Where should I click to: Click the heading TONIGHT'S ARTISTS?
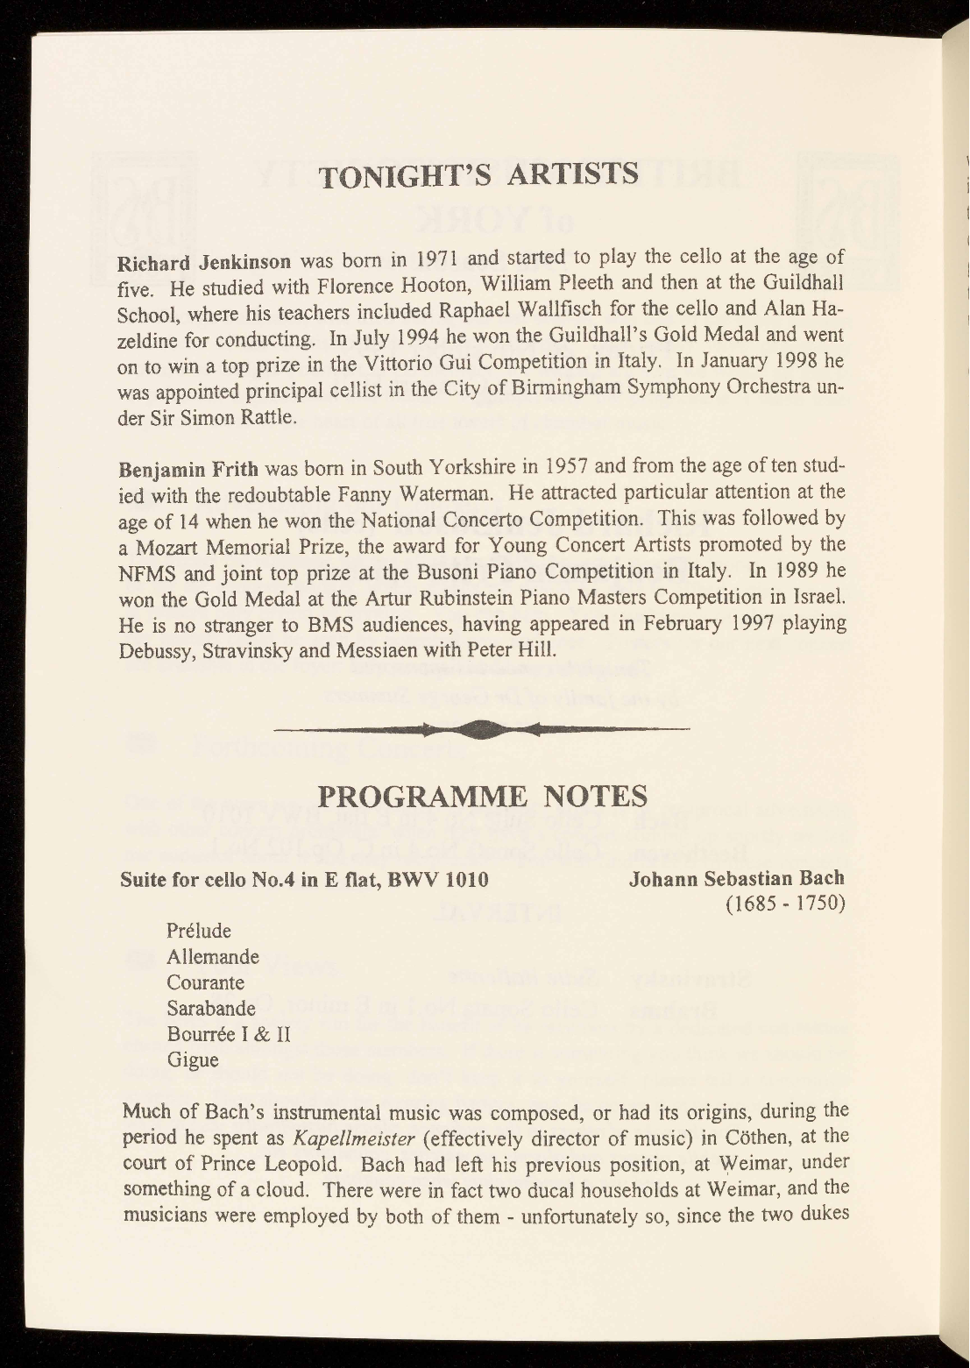(x=478, y=174)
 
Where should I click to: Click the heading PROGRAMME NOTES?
(x=482, y=797)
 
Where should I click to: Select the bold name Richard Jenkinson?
(x=204, y=263)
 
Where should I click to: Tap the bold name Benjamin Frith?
(x=181, y=466)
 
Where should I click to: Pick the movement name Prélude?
(x=199, y=930)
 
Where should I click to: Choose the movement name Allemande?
(x=213, y=956)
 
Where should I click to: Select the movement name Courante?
(x=206, y=982)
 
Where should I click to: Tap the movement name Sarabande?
(x=211, y=1008)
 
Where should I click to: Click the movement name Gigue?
(x=193, y=1060)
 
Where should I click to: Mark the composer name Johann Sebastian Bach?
(x=736, y=878)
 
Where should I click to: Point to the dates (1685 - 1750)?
(x=785, y=903)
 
